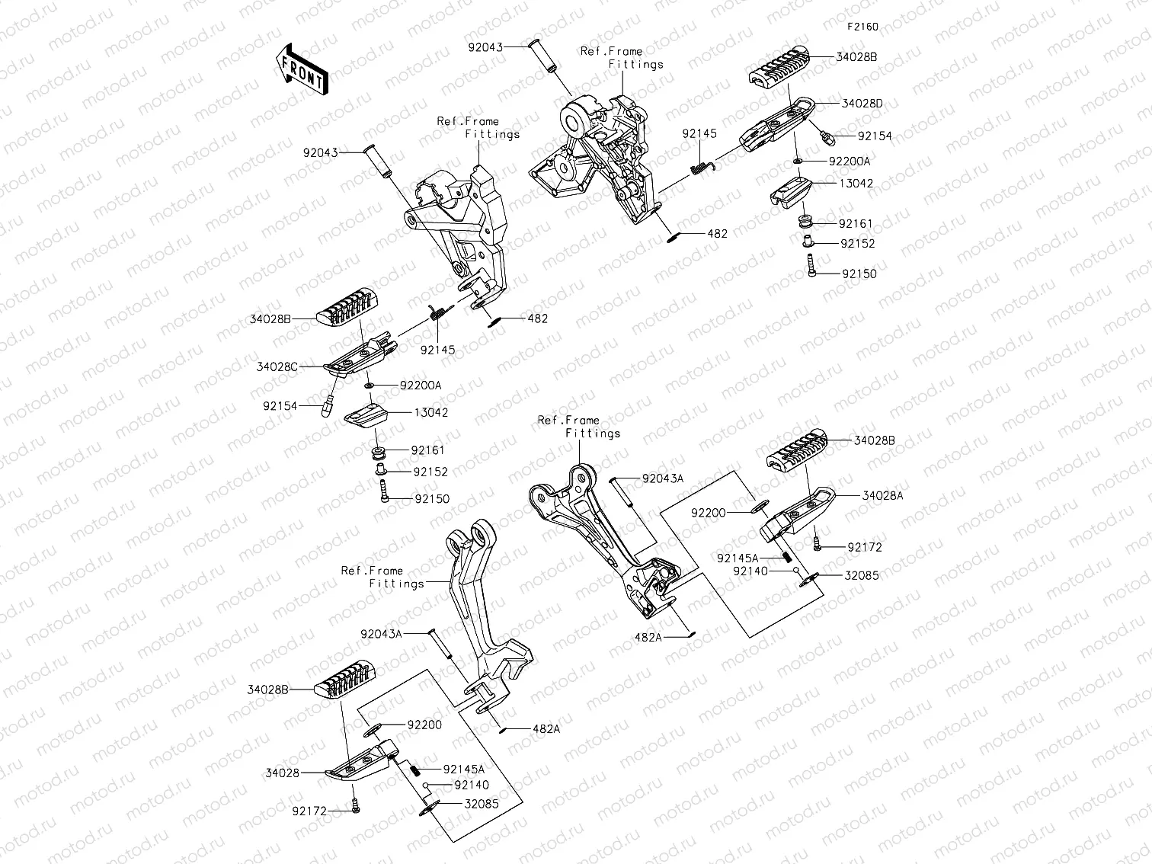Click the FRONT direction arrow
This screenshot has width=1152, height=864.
point(302,69)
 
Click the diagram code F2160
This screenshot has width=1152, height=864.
point(862,27)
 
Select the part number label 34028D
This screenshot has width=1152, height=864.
point(862,104)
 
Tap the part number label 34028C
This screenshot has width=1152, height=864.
point(277,366)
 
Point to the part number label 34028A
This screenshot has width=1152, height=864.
point(883,496)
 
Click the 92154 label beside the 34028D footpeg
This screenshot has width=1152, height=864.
point(875,136)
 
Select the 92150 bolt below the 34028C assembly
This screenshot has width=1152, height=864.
point(384,491)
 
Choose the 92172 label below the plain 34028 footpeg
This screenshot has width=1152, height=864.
point(309,811)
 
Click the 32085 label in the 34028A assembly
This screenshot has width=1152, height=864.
point(862,575)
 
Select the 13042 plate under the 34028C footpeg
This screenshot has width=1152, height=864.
point(366,415)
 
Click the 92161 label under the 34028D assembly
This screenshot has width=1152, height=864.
point(856,224)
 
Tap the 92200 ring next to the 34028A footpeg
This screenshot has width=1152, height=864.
point(760,507)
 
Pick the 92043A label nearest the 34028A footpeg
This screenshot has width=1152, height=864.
point(663,478)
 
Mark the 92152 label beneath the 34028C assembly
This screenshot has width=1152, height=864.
point(430,472)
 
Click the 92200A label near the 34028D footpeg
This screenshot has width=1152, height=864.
point(850,162)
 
